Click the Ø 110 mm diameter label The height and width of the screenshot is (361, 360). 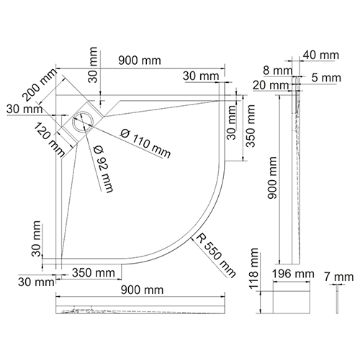coord(145,143)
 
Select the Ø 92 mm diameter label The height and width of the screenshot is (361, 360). coord(104,169)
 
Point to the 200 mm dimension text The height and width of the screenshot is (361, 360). coord(40,84)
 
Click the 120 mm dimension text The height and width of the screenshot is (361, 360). coord(48,140)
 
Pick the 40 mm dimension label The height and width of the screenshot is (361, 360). coord(321,55)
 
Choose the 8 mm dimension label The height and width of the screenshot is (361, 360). coord(278,71)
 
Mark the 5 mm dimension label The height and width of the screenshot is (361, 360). coord(326,78)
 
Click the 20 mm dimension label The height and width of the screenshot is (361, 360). coord(271,85)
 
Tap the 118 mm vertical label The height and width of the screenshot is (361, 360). coord(253,268)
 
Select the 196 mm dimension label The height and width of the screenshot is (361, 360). coord(293,274)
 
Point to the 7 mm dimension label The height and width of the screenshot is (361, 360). coord(339,277)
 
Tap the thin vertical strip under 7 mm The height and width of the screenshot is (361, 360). coord(338,302)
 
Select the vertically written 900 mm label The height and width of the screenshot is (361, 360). coord(272,178)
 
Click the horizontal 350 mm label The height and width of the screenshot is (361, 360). coord(94,273)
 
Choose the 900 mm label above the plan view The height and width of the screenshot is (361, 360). coord(140,61)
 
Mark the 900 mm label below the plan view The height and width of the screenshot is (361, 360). coord(142,290)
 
